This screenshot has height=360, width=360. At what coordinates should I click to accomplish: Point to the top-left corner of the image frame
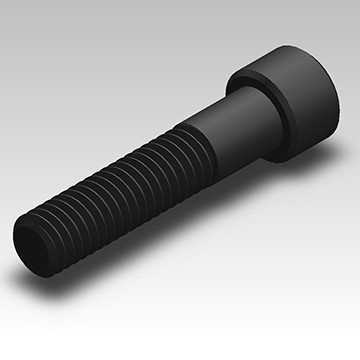pyautogui.click(x=1, y=1)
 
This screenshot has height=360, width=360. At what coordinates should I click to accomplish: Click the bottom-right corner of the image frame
pyautogui.click(x=358, y=358)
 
